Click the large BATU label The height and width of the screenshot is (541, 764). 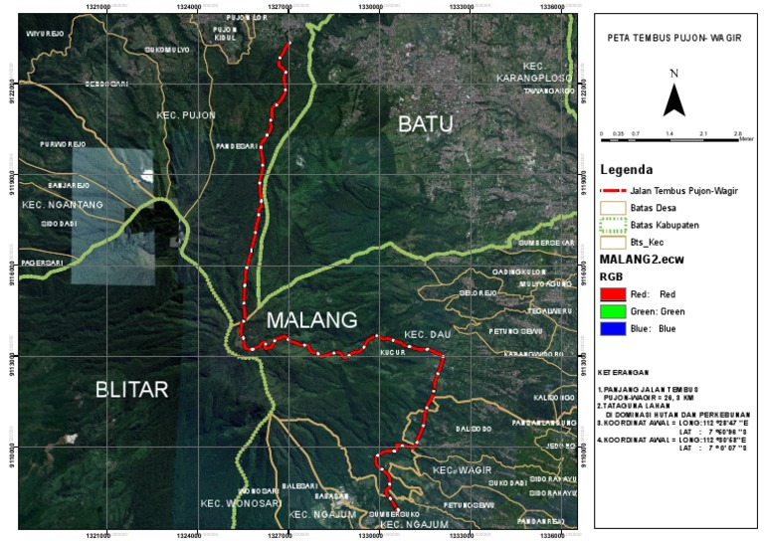pos(425,123)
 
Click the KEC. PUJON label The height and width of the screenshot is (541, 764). pos(186,115)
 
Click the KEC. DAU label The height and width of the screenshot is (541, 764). pos(429,335)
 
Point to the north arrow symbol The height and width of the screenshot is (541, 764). pos(673,97)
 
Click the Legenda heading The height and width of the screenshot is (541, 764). pos(627,169)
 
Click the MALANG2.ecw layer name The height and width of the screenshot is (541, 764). pos(638,259)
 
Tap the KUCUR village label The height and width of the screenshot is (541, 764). pos(394,350)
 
